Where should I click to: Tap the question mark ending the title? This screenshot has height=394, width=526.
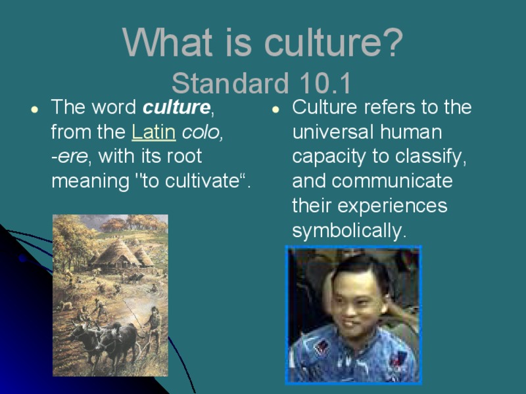point(393,43)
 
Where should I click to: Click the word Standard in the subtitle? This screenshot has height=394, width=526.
point(230,84)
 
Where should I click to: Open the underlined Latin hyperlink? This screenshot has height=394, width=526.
point(153,132)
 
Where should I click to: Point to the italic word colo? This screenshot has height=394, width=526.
point(203,132)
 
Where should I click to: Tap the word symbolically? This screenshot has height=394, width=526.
point(349,231)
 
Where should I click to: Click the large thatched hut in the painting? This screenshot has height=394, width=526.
point(118,253)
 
